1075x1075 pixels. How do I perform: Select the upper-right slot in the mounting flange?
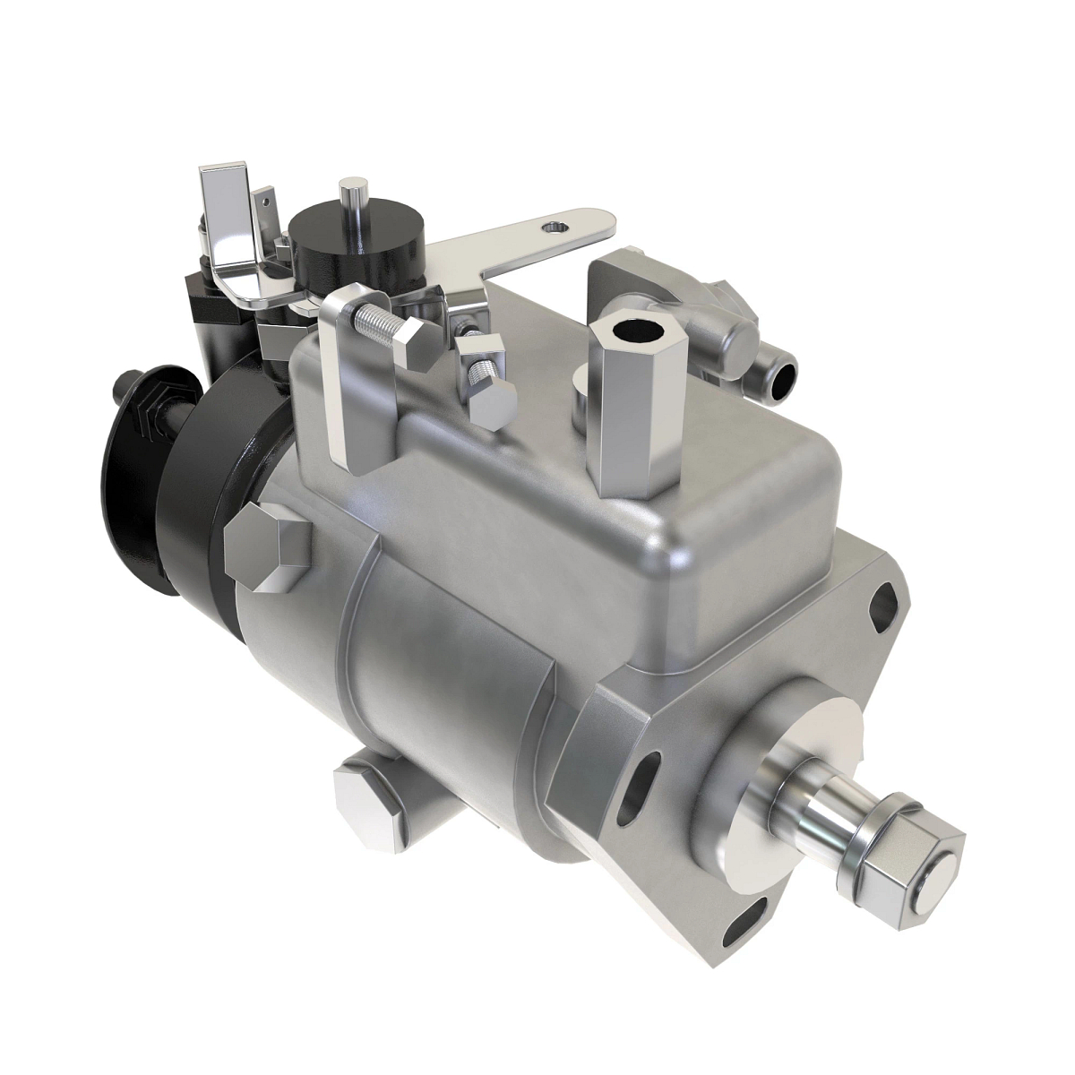click(x=888, y=598)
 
